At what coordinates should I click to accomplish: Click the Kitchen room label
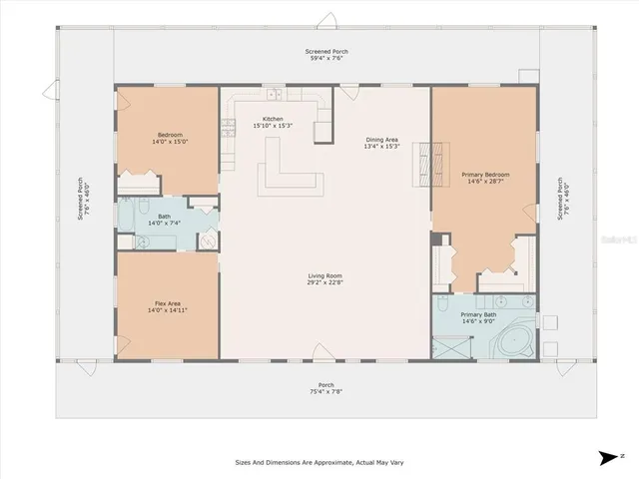pyautogui.click(x=273, y=122)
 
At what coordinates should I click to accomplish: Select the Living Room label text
pyautogui.click(x=324, y=278)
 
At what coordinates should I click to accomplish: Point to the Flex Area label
pyautogui.click(x=167, y=306)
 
